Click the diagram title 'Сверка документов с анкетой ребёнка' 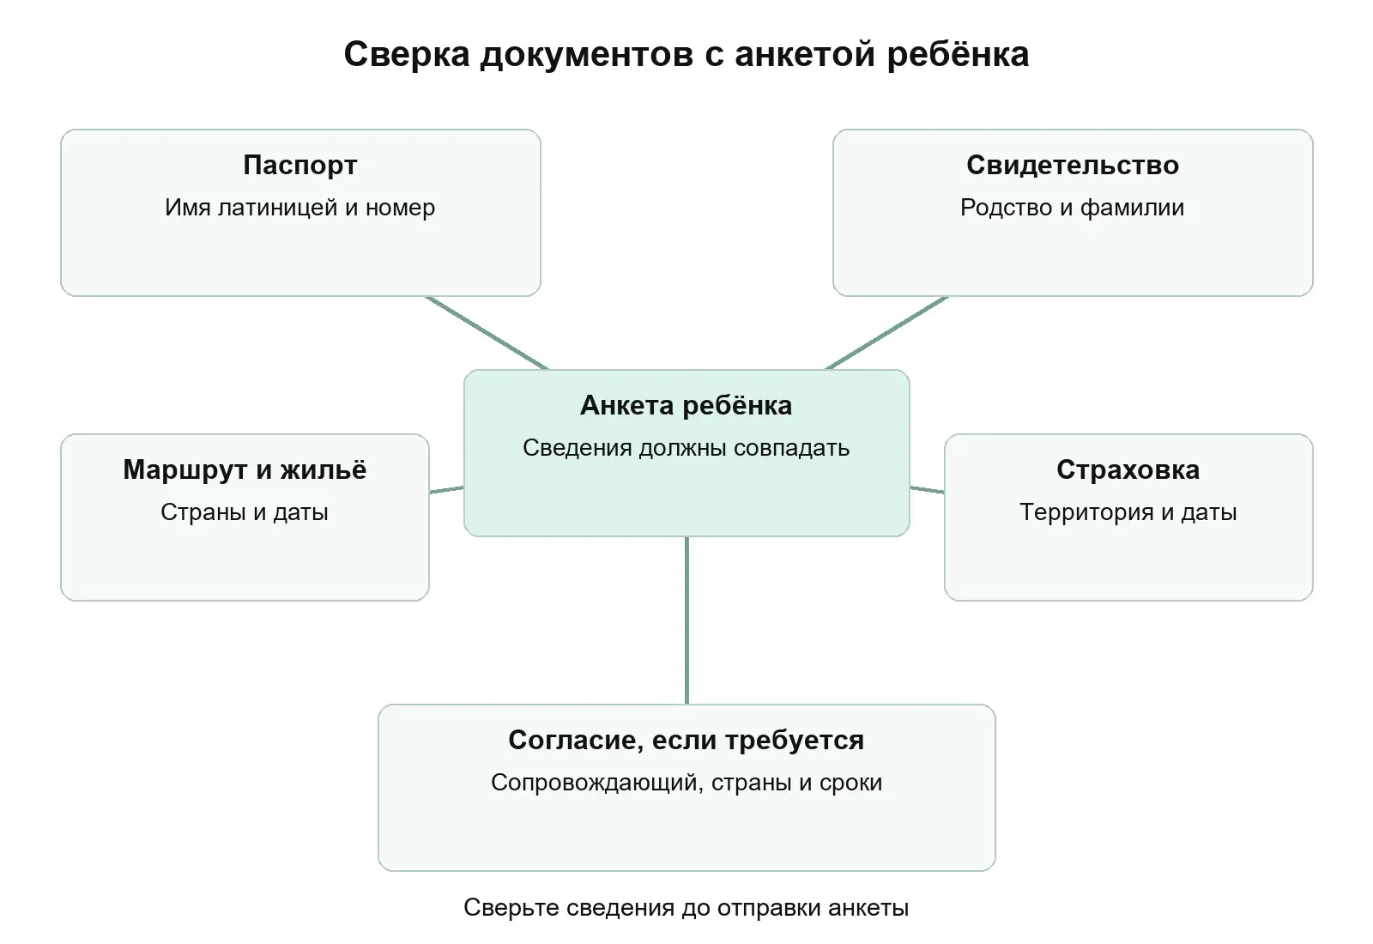686,54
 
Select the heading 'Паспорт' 300,165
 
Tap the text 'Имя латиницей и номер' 300,207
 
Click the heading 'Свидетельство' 1073,165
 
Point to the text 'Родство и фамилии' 1073,207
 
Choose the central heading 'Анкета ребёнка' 686,405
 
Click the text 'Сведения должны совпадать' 686,448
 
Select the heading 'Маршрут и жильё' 245,469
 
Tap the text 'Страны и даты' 245,511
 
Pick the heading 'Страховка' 1128,469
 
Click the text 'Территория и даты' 1128,511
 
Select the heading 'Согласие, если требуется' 686,740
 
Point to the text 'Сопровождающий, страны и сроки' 686,783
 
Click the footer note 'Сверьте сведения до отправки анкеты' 686,908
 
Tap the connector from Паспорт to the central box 487,333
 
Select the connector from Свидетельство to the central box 887,333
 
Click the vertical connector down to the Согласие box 686,620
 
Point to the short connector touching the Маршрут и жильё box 446,490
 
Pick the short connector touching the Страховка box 927,490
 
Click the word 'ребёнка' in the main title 958,54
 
